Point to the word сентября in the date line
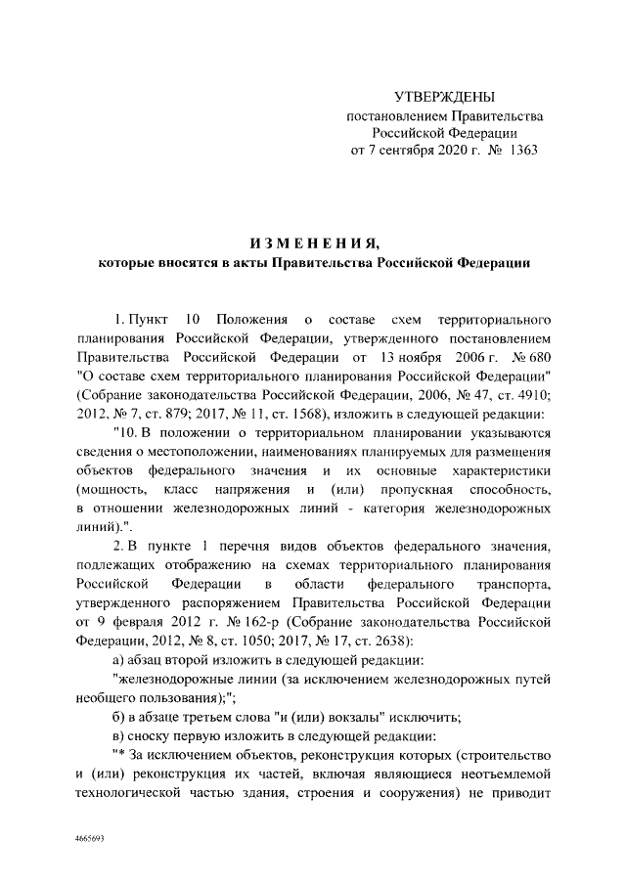pyautogui.click(x=422, y=151)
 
